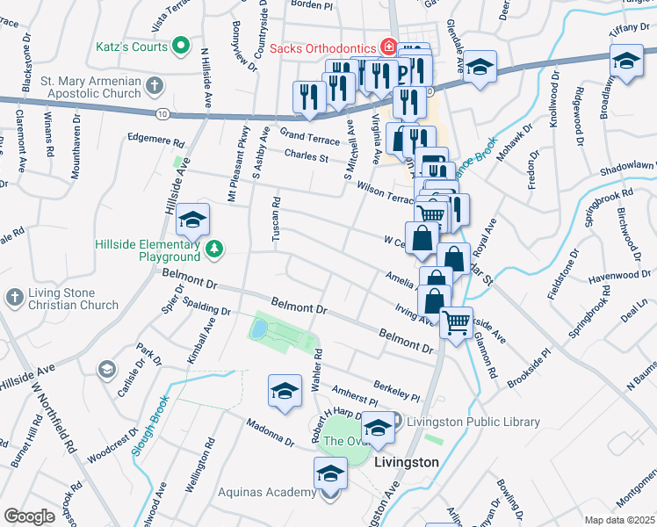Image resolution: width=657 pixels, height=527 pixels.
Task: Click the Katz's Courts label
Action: pos(131,47)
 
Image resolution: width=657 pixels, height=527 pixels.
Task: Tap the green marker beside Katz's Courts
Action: pos(182,46)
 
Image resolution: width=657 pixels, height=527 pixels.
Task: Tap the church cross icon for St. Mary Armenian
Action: pos(155,86)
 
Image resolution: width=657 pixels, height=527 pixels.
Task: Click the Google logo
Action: pos(28,516)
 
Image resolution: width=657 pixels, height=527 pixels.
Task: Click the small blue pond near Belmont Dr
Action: pos(259,330)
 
